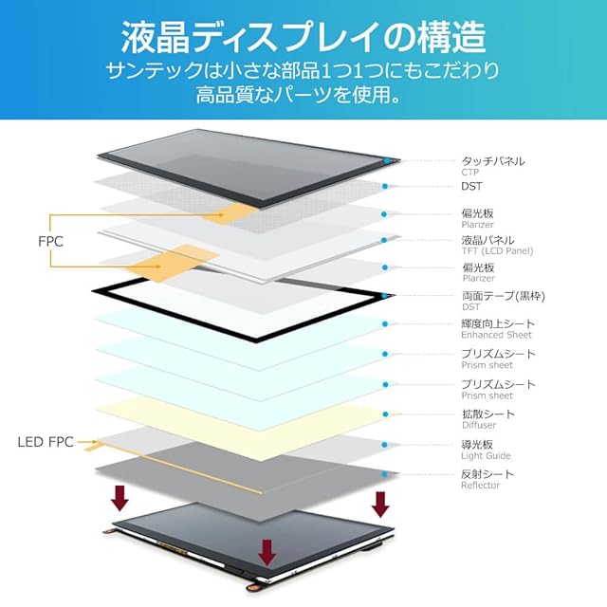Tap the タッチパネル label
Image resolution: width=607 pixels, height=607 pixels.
(493, 161)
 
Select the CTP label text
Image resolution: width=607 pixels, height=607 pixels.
(470, 173)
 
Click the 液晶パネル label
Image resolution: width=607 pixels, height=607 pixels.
(488, 240)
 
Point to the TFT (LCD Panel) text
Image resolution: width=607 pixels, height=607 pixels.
(497, 251)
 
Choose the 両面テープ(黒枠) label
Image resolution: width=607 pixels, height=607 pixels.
(503, 296)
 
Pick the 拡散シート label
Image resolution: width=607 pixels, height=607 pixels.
(488, 414)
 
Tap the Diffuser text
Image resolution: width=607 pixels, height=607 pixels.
(479, 426)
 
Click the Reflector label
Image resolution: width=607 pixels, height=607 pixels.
(481, 486)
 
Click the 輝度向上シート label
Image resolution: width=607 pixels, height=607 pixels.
(498, 324)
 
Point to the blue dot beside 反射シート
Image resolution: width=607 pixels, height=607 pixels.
(384, 472)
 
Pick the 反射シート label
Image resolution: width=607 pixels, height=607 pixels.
(488, 474)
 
